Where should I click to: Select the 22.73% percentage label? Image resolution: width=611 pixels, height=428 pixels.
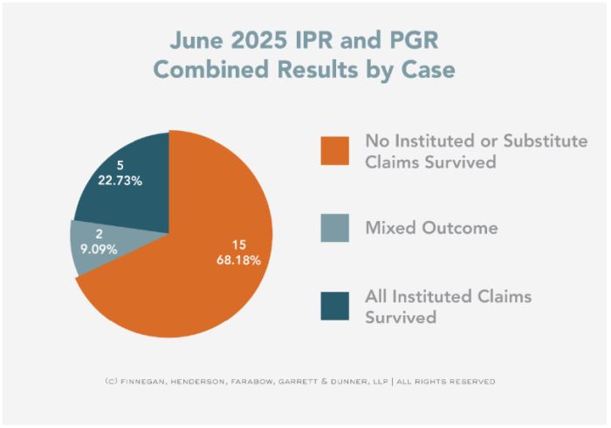pos(120,181)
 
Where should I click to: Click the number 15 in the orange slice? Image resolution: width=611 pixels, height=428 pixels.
pos(239,244)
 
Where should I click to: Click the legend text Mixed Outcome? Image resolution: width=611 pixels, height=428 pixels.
pos(432,229)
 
